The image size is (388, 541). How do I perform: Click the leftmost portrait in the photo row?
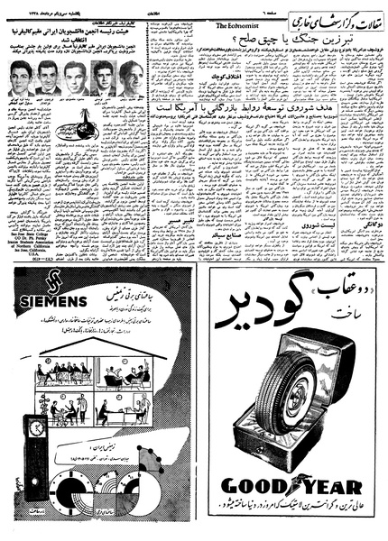point(20,79)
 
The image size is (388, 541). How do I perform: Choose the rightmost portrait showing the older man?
point(130,79)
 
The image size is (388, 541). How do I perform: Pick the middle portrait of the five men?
point(75,79)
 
